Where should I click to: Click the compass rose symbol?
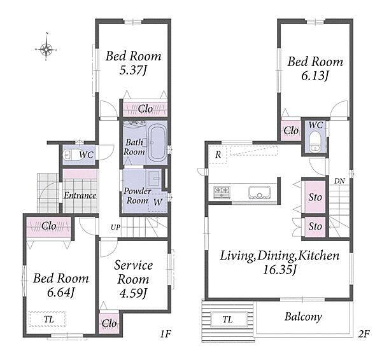click(x=46, y=50)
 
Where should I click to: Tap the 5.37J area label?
click(x=133, y=71)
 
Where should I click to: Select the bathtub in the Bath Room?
click(x=157, y=143)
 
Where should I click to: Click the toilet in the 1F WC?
click(x=71, y=155)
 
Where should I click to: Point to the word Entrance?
click(x=80, y=195)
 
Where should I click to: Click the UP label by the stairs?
click(x=115, y=228)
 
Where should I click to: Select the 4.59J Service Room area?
click(x=133, y=293)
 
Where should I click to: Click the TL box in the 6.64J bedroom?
click(x=47, y=319)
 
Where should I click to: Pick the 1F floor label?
click(x=166, y=334)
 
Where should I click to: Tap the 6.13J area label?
click(x=315, y=76)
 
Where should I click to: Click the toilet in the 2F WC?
click(x=315, y=142)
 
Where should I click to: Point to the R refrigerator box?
click(x=218, y=155)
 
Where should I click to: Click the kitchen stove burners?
click(x=222, y=192)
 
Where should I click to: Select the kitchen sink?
click(x=260, y=193)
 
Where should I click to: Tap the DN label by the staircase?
click(x=339, y=181)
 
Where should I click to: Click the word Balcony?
click(x=303, y=317)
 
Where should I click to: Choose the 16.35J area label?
click(x=279, y=270)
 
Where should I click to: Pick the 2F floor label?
click(x=364, y=334)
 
